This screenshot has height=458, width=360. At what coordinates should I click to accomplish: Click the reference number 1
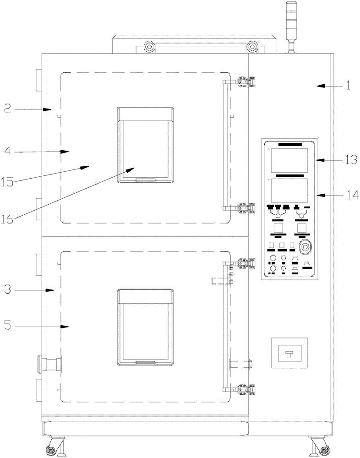[348, 86]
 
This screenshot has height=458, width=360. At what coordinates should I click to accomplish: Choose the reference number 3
[8, 290]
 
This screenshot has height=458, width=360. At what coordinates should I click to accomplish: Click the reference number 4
[8, 152]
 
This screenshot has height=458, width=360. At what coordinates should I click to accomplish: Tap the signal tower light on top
[291, 26]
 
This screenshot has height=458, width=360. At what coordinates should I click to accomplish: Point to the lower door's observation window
[145, 327]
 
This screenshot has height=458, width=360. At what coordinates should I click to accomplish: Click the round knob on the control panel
[305, 248]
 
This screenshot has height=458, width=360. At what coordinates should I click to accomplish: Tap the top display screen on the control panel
[289, 160]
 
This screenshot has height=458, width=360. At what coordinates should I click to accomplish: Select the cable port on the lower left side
[49, 364]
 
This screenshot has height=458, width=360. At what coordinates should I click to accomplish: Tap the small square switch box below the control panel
[289, 353]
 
